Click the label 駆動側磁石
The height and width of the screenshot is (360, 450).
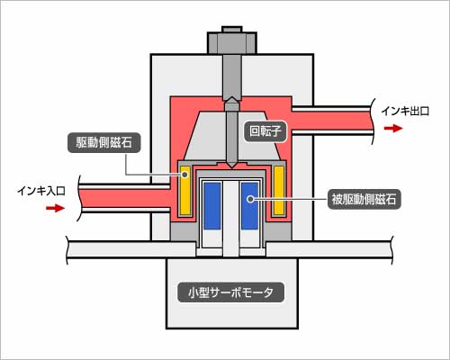coord(103,142)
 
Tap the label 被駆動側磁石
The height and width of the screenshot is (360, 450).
coord(364,199)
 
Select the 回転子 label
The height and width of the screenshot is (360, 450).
coord(265,131)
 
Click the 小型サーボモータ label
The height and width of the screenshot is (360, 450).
coord(230,292)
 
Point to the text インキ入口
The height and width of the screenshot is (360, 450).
coord(41,191)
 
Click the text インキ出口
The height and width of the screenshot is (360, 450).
coord(405,112)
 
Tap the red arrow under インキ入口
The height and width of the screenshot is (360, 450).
coord(55,208)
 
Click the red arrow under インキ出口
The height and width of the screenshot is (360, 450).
coord(393,129)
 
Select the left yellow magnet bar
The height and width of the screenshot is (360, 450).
coord(185,191)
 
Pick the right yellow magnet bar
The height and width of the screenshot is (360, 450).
coord(279,191)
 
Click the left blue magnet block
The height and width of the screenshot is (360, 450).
coord(212,205)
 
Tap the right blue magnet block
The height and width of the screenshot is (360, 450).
coord(249,205)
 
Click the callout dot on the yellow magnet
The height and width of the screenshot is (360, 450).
coord(185,174)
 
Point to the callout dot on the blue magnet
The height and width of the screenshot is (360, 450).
coord(250,199)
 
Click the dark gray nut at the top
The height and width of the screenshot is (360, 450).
coord(232,43)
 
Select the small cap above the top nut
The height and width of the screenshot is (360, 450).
coord(232,29)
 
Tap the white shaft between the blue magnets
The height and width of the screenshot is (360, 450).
coord(231,219)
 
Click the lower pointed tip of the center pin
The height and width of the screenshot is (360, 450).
coord(231,167)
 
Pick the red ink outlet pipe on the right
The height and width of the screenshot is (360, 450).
coord(332,120)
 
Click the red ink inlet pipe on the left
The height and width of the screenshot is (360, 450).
coord(125,198)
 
